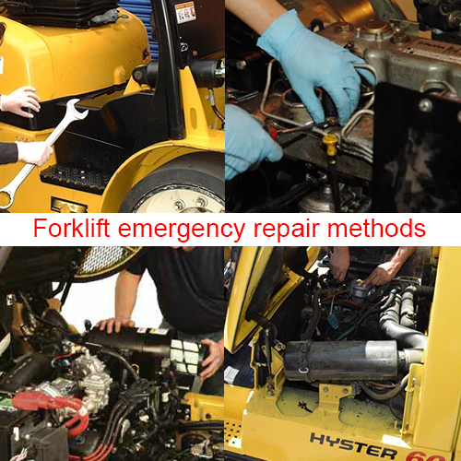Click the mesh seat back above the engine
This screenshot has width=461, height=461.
[106, 259]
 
